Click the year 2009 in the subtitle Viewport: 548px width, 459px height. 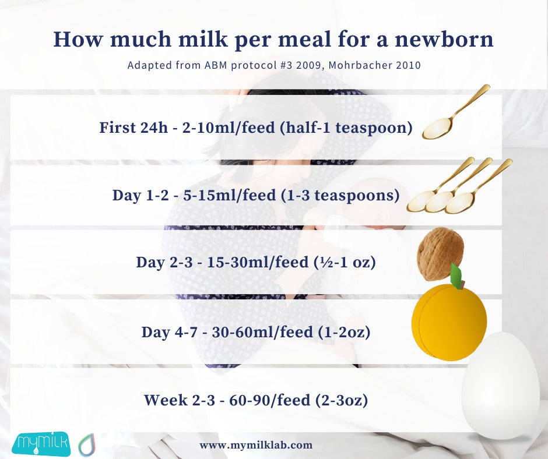[x=294, y=65]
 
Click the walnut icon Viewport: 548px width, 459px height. [x=440, y=253]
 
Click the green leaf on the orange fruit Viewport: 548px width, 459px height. [x=456, y=275]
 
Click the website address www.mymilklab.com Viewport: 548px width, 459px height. [x=256, y=445]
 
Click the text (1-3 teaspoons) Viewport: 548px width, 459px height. [x=340, y=195]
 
